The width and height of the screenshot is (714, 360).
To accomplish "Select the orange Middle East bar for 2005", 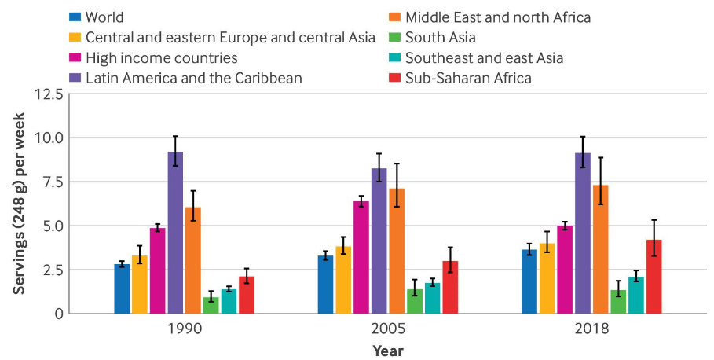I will point(397,251).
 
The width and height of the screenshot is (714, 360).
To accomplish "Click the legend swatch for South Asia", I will point(393,38).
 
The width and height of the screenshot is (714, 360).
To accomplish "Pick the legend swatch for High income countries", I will point(76,58).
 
